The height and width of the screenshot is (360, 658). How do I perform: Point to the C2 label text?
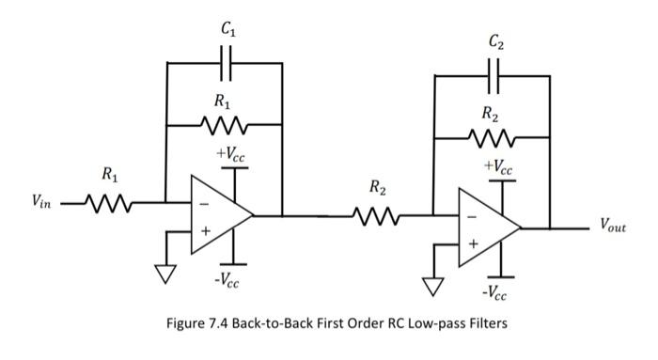pos(494,42)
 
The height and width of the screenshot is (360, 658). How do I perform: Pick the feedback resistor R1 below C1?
pos(223,122)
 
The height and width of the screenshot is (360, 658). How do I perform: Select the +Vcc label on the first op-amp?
pos(232,153)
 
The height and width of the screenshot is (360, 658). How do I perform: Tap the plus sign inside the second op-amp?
pos(473,244)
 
